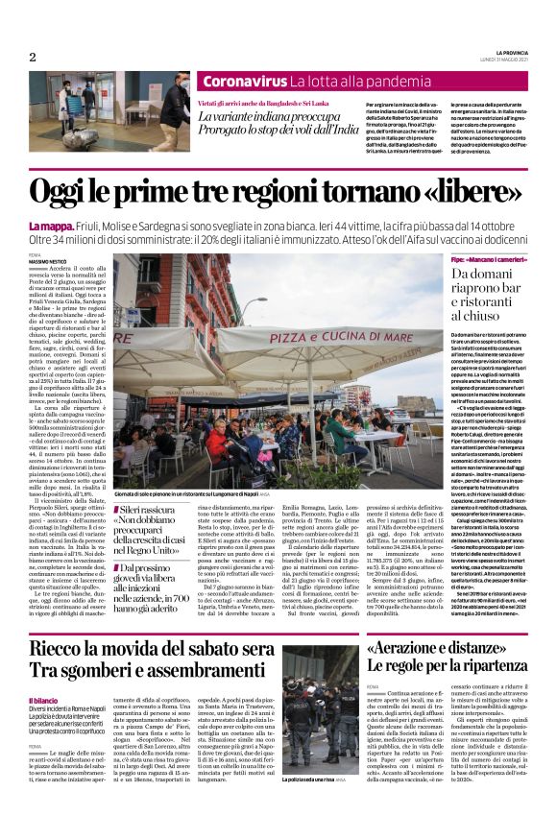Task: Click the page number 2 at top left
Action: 32,58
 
